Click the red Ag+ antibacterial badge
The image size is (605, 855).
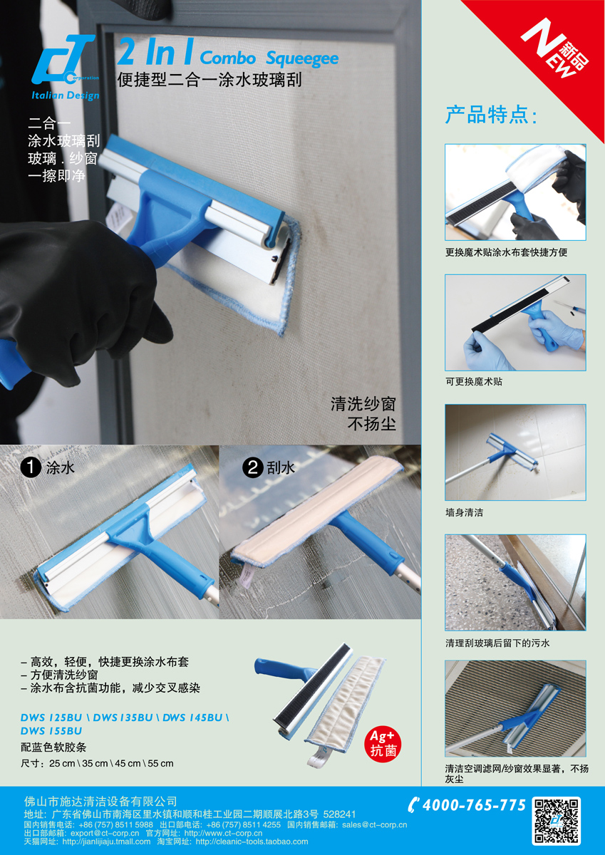click(x=382, y=743)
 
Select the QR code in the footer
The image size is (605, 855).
click(x=557, y=821)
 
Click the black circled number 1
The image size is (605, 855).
click(x=30, y=467)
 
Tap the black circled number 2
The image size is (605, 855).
click(x=252, y=467)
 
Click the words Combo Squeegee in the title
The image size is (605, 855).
click(x=269, y=58)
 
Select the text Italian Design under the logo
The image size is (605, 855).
click(x=65, y=96)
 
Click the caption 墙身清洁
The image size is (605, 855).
click(x=464, y=512)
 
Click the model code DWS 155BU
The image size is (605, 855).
click(x=51, y=730)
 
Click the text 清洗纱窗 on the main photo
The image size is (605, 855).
click(x=363, y=404)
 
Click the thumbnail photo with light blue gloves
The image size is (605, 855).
click(x=515, y=322)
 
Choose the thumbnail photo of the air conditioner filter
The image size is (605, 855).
click(x=515, y=708)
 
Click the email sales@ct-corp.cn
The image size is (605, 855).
click(x=374, y=824)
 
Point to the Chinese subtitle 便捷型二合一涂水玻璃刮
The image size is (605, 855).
click(x=210, y=80)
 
